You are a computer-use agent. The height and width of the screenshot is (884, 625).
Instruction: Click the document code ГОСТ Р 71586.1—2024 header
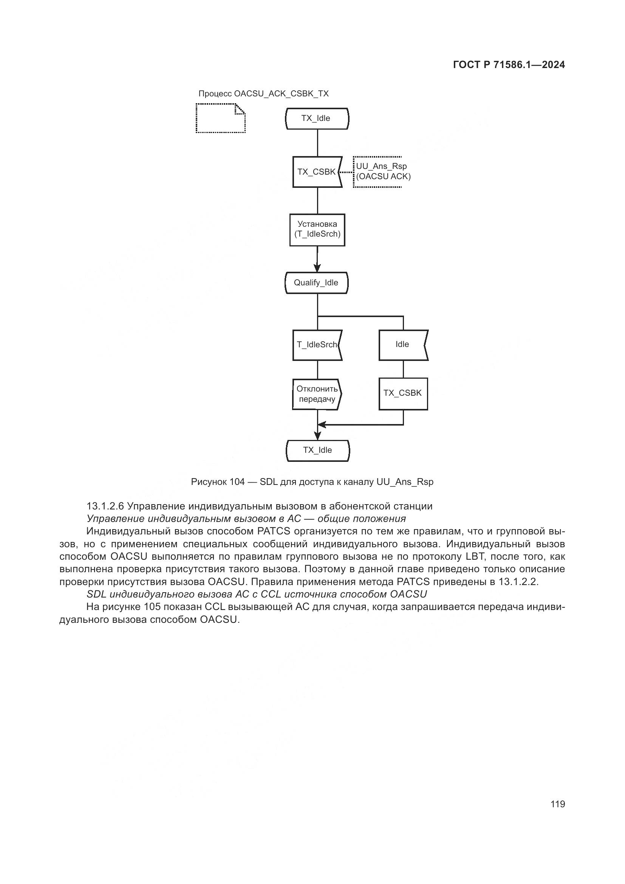point(509,65)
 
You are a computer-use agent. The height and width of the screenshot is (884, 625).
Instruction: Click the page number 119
point(558,804)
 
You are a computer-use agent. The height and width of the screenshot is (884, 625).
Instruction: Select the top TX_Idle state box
point(317,119)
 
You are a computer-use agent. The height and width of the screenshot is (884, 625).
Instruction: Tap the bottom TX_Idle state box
point(318,451)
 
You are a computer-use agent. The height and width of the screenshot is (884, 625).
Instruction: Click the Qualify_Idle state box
point(316,283)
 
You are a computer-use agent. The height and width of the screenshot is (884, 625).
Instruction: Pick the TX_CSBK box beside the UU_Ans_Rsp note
point(317,172)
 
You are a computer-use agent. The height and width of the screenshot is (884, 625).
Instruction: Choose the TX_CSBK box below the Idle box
point(403,393)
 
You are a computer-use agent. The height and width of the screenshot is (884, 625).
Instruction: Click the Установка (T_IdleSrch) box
point(317,229)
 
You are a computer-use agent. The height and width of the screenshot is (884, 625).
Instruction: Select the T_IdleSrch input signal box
point(317,345)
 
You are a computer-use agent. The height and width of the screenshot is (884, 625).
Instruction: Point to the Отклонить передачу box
point(317,394)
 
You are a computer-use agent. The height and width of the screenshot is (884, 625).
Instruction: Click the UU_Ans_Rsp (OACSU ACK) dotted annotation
point(382,172)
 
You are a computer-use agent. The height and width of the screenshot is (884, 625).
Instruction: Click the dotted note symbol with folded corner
point(221,118)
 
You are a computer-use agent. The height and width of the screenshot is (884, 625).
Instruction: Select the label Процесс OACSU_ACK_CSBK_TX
point(263,94)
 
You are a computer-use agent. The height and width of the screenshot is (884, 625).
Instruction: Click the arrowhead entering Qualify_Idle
point(317,268)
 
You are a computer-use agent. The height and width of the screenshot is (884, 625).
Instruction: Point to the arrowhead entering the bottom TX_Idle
point(317,436)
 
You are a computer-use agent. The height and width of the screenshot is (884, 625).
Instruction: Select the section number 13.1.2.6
point(105,506)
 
